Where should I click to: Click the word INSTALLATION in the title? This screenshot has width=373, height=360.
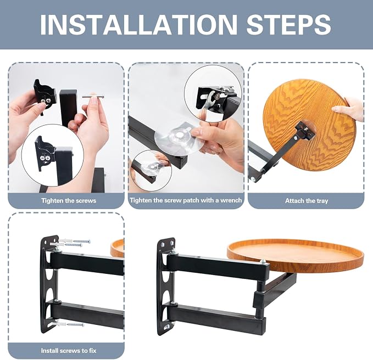point(138,25)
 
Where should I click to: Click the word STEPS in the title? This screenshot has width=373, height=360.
point(288,25)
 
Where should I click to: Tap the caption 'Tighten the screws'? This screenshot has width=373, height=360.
point(69,200)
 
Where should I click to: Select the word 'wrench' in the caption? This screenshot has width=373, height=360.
point(231,200)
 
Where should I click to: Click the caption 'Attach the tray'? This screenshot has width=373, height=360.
point(307,201)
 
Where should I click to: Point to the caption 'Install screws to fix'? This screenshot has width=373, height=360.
point(69,351)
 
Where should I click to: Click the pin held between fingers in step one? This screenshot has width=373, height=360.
point(93,97)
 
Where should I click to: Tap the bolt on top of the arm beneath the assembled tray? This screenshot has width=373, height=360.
point(263,262)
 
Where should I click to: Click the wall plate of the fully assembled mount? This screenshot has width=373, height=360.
point(165,285)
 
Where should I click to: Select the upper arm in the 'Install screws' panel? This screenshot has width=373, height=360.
point(87,263)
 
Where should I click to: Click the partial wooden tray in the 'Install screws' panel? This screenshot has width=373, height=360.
point(118,248)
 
